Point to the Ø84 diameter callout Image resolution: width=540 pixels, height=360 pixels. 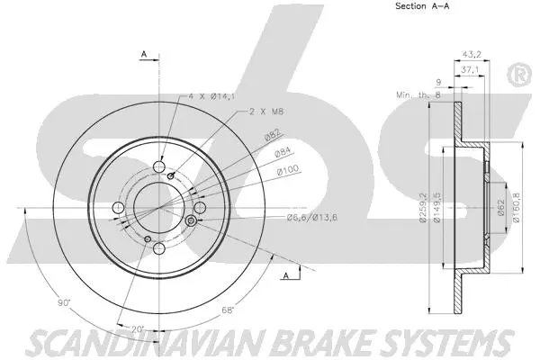tap(282, 154)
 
